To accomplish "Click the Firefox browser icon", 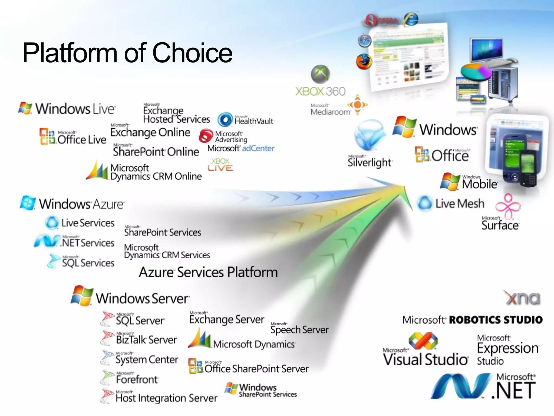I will pos(364,61).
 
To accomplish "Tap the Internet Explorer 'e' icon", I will pos(411,19).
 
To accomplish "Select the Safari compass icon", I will pos(364,41).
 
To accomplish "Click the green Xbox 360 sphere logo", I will pos(320,74).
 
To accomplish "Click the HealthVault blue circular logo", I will pos(225,119).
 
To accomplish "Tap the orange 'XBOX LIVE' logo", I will pos(220,165).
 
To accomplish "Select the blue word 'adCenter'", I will pos(258,148).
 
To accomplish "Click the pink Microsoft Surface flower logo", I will pos(508,206).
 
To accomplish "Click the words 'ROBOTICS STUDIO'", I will pos(496,320).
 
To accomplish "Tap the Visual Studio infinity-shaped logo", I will pos(423,340).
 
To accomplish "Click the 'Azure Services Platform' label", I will pos(208,272).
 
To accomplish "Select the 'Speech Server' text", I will pos(299,330).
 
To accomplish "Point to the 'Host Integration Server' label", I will pos(166,398).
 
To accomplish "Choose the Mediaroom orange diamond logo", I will pos(357,105).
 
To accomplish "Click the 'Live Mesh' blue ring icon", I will pos(424,203).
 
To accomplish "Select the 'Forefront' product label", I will pos(137,379).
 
